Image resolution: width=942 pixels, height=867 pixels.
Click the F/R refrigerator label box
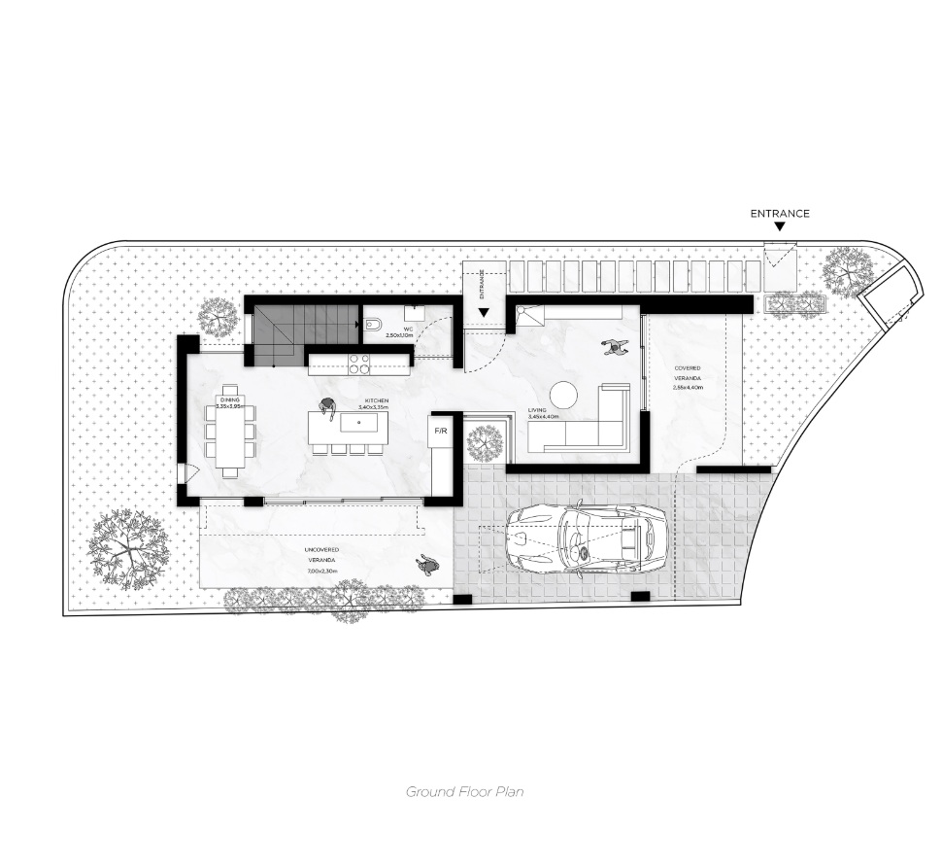440,431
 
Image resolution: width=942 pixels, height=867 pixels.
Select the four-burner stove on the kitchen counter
358,364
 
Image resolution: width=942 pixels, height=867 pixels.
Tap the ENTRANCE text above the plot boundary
779,213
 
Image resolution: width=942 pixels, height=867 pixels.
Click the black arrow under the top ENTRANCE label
779,227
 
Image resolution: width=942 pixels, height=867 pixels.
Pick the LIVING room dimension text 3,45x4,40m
544,417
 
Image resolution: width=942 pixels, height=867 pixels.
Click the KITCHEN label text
377,400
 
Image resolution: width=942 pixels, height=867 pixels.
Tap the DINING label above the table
229,399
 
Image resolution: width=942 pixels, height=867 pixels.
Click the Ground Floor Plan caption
464,791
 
